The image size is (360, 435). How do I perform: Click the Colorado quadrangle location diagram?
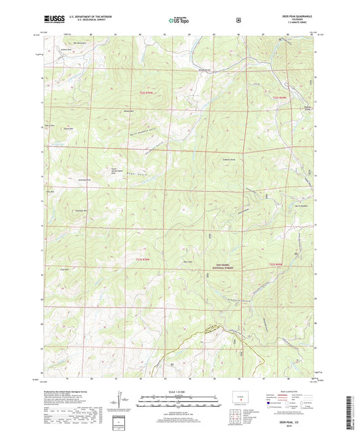(240, 398)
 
